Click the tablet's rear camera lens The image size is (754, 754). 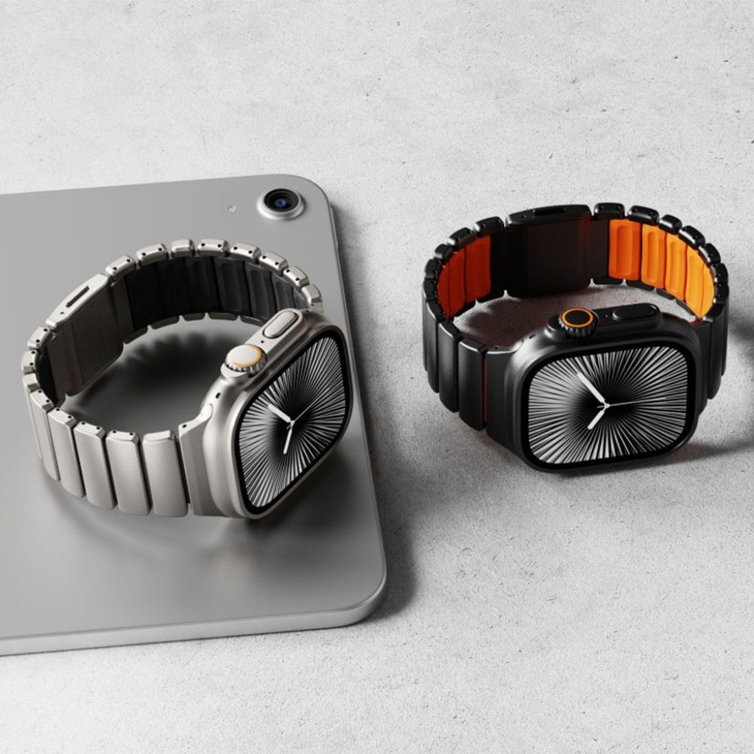[281, 200]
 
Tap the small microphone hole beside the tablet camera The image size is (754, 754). [232, 209]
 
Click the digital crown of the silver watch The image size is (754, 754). [244, 359]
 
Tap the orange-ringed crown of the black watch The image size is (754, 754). [577, 320]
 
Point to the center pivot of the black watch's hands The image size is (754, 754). [605, 404]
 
